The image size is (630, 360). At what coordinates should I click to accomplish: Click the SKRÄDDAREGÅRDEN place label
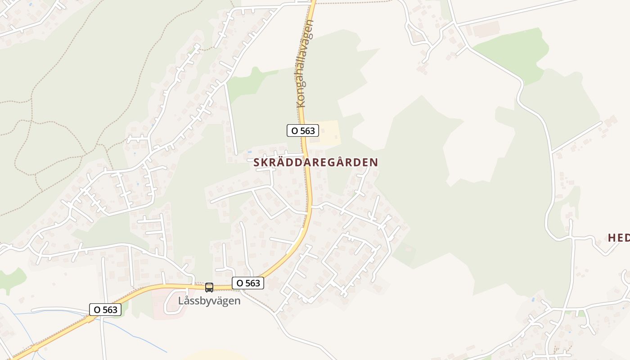tap(315, 162)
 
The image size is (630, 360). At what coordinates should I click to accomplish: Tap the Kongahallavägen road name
tap(305, 63)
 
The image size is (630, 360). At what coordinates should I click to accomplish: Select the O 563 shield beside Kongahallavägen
tap(303, 130)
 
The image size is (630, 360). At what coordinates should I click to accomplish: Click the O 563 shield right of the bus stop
tap(247, 283)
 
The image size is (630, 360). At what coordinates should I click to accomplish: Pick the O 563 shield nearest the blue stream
tap(105, 310)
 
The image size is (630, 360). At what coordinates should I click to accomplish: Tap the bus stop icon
tap(209, 287)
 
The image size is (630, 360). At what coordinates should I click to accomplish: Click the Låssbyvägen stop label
tap(209, 301)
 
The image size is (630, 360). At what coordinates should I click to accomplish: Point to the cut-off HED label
tap(619, 238)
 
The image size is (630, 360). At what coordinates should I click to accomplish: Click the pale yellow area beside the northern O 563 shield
tap(329, 131)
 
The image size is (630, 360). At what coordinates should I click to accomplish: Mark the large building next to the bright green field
tap(486, 30)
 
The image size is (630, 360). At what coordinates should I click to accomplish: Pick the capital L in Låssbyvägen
tap(181, 301)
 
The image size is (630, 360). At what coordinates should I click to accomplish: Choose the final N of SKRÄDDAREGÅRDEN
tap(374, 162)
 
